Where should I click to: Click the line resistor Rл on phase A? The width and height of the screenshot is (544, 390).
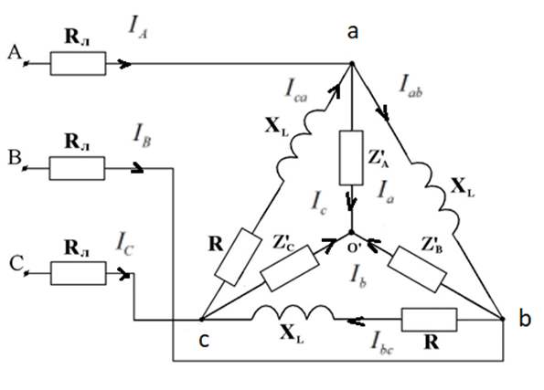coord(78,63)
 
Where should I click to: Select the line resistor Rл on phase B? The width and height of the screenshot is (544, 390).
coord(77,168)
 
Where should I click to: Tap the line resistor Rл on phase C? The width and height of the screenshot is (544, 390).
coord(79,273)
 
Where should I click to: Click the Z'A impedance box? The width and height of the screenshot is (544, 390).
coord(351,158)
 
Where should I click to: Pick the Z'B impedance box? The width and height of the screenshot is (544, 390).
coord(417,269)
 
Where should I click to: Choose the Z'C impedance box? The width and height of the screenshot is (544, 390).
coord(290,269)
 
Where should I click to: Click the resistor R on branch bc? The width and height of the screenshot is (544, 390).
coord(429,320)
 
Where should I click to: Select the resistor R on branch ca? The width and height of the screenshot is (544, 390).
coord(239,257)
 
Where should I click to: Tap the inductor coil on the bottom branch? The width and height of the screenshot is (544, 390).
coord(293,313)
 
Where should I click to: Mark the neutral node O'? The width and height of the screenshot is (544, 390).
coord(351,232)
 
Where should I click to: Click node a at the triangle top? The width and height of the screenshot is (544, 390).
coord(352,63)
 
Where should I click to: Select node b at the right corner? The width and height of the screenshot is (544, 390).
coord(504,319)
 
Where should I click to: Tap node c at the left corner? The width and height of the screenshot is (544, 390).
coord(201,319)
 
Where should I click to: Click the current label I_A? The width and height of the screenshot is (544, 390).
coord(138,27)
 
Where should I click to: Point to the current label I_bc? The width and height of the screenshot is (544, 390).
coord(381,343)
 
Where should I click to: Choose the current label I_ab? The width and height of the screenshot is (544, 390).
coord(411,86)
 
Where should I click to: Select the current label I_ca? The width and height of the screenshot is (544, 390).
coord(296,90)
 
